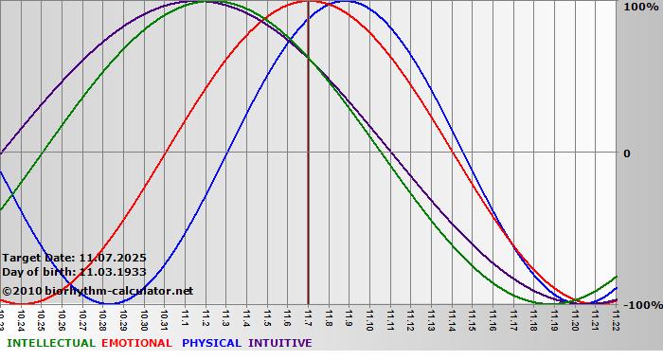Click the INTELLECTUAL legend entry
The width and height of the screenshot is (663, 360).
50,343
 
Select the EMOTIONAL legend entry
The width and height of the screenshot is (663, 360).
136,343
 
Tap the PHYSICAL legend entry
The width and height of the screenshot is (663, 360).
212,343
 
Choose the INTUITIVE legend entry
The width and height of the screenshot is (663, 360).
280,343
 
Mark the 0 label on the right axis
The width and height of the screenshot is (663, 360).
627,153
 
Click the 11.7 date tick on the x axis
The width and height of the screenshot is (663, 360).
309,316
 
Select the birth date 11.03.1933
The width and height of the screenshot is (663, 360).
112,272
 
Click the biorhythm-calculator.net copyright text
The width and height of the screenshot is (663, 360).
113,291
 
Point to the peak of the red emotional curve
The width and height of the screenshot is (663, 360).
309,2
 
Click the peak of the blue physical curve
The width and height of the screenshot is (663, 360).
348,2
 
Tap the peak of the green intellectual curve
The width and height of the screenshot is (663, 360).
206,2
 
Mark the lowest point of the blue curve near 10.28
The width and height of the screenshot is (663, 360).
112,303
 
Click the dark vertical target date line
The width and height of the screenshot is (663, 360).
308,189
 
